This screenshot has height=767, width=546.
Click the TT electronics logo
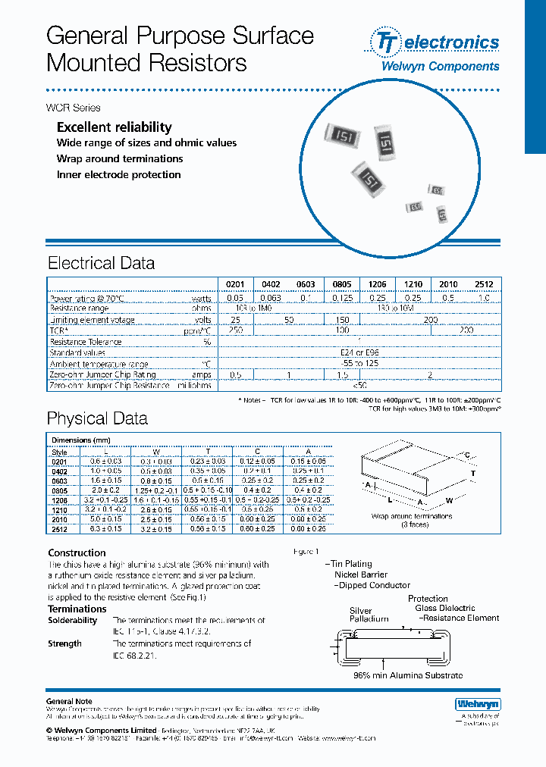[x=434, y=42]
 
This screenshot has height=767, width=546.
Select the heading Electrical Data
[x=101, y=264]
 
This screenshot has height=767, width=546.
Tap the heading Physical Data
[x=97, y=418]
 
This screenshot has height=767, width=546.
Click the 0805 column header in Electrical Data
[x=342, y=285]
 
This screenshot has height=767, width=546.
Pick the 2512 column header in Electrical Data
[x=484, y=285]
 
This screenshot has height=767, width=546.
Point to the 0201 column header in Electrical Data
[x=235, y=285]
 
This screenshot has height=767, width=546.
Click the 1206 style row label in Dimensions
[x=59, y=501]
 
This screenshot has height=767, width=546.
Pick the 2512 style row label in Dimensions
[x=59, y=530]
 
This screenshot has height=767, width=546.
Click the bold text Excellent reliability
[x=115, y=127]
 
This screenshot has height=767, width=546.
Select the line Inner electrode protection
[x=118, y=174]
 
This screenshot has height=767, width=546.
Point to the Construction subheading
[x=77, y=553]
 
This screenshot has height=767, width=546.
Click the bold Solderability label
[x=73, y=620]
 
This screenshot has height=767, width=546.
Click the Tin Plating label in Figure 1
[x=350, y=564]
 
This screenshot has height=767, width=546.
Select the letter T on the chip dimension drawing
[x=473, y=472]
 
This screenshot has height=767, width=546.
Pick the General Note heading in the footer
[x=70, y=702]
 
